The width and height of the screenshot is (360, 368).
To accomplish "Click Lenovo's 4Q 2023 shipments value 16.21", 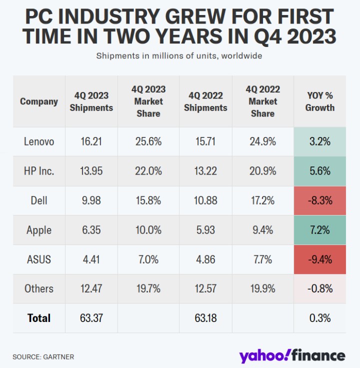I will tap(91, 141).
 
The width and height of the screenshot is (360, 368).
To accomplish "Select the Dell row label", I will tap(39, 200).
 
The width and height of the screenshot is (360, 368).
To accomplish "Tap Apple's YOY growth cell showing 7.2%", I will tap(319, 230).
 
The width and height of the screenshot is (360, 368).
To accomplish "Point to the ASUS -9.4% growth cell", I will tap(319, 259).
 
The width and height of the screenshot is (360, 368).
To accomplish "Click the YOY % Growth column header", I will tap(319, 101).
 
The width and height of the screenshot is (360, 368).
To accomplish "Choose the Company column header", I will tap(39, 101).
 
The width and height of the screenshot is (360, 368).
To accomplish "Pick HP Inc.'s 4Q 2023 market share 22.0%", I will tap(148, 171).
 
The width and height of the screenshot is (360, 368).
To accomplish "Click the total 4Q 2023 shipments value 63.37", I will tap(91, 318).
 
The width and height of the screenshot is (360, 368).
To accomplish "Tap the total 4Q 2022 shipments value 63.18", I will tap(205, 318).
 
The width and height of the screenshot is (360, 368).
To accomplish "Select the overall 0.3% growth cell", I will tap(319, 318).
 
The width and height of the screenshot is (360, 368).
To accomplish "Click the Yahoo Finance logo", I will tap(291, 355).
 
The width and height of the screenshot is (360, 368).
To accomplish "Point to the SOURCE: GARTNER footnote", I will tap(43, 357).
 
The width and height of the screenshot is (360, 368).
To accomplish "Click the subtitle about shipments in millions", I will tap(179, 55).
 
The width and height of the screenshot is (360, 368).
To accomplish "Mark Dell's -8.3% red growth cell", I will tap(319, 200).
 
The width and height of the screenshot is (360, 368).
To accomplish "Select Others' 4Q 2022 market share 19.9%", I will tap(262, 288).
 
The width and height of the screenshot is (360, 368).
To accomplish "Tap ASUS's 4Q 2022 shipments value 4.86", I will tap(205, 259).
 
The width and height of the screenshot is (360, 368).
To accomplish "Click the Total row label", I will tap(39, 318).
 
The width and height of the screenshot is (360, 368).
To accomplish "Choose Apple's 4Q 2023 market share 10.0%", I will tap(148, 230).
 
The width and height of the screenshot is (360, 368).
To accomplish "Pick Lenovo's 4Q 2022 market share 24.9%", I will tap(262, 141).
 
